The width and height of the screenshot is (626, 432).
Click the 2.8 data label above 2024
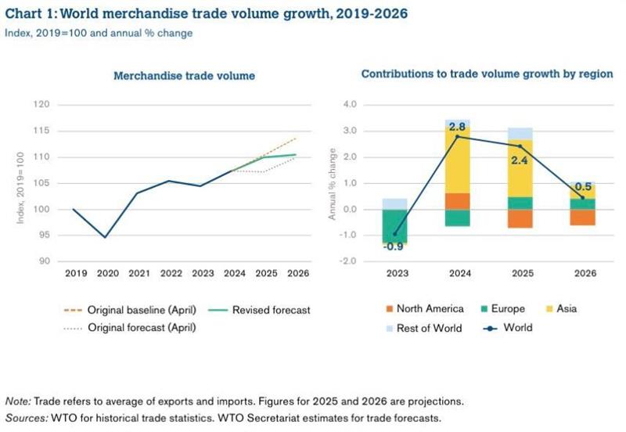[458, 126]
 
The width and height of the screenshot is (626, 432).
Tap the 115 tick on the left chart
[43, 131]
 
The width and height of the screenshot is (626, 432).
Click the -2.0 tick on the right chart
[346, 261]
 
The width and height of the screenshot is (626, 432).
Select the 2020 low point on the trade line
[105, 236]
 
